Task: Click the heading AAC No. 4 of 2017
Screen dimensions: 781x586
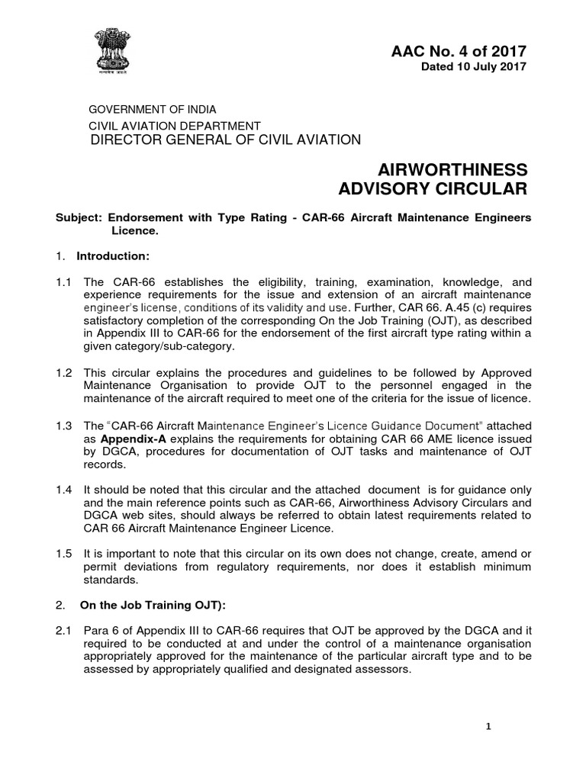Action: coord(458,52)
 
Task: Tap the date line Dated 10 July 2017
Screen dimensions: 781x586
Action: coord(474,68)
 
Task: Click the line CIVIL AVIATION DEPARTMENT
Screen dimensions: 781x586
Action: coord(175,126)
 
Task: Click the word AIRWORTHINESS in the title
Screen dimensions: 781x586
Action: coord(452,169)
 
